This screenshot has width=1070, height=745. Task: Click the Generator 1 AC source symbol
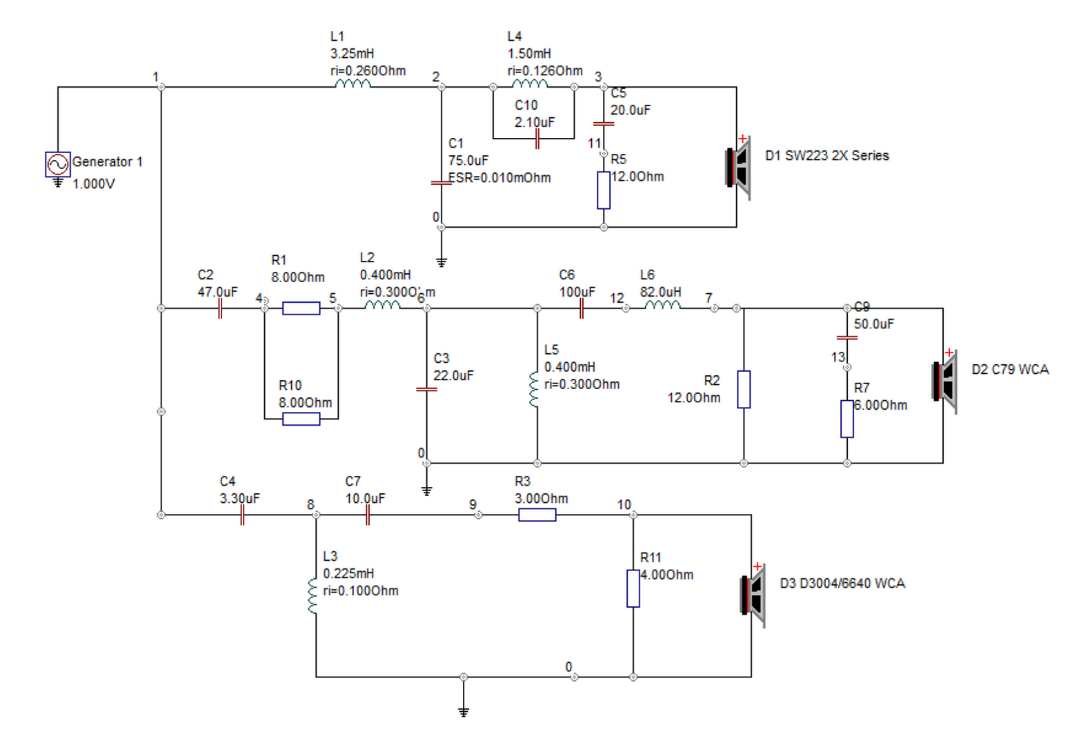click(58, 164)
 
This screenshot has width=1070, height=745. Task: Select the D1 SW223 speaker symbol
click(738, 168)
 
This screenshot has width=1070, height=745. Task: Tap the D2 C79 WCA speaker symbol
click(944, 381)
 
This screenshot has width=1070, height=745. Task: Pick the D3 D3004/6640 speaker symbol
click(753, 595)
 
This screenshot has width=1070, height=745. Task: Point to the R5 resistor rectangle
click(604, 190)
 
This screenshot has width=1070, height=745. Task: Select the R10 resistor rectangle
click(301, 419)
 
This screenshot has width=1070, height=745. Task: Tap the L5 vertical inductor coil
click(534, 390)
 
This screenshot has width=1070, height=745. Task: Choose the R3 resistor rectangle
click(537, 515)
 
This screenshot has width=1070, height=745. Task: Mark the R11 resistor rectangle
click(633, 588)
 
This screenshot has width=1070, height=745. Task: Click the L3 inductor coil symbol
click(313, 595)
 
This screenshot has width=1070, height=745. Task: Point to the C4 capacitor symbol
click(242, 515)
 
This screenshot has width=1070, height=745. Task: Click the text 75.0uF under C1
click(468, 161)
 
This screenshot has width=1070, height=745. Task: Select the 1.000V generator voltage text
click(94, 184)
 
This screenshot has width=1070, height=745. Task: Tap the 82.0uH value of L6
click(661, 292)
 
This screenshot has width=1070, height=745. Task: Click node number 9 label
click(473, 504)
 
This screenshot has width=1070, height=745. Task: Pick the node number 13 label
click(838, 357)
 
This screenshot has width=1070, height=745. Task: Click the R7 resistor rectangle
click(847, 419)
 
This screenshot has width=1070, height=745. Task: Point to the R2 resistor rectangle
click(744, 389)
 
